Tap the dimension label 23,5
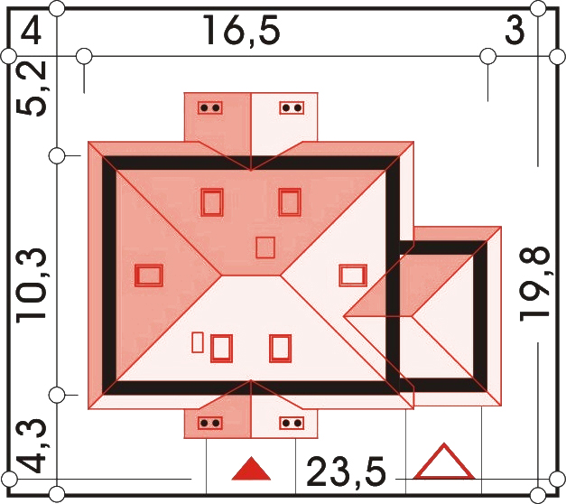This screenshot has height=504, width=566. (346, 471)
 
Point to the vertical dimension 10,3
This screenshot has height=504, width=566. (31, 285)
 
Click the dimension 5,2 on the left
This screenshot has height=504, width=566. (32, 89)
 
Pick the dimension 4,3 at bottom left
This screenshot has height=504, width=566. (32, 446)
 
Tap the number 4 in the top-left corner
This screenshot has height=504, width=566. (31, 31)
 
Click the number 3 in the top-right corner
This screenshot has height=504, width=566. (515, 31)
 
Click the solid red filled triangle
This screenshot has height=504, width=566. (251, 469)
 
